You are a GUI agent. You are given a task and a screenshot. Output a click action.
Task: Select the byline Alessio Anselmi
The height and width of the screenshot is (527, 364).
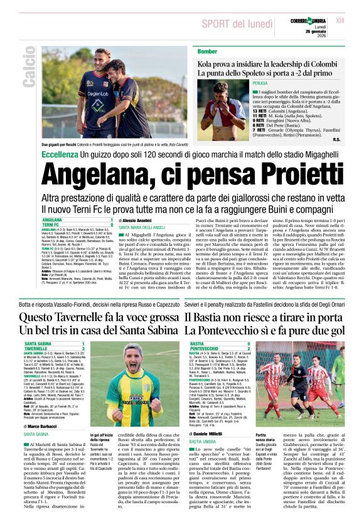141,221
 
